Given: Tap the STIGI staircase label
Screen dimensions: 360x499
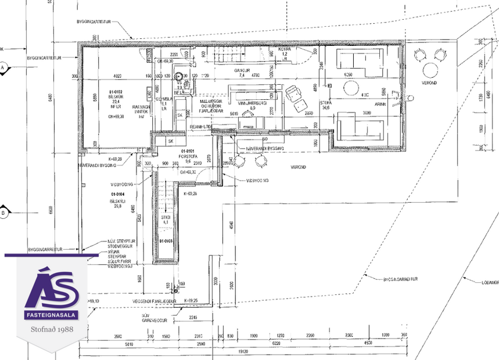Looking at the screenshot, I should coord(165,218).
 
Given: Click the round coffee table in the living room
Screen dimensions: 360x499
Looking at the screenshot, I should coord(351,88).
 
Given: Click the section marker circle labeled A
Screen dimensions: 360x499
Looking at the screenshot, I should coord(3,67).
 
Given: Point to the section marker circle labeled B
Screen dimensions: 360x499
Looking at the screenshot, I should coord(3,213).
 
